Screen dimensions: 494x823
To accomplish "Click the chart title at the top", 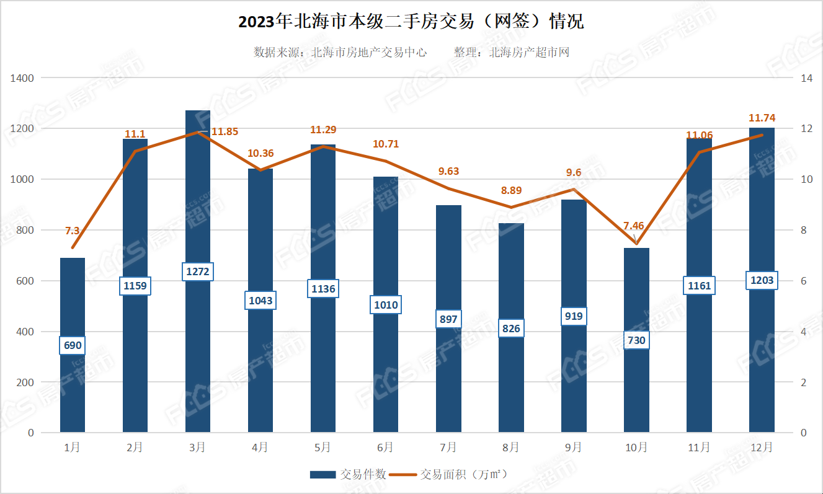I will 411,22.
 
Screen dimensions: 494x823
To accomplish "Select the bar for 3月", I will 198,347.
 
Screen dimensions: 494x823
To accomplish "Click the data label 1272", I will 198,271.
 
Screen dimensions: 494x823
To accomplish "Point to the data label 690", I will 73,345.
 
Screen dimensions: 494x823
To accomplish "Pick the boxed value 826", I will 511,328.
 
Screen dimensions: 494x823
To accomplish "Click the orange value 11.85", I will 225,131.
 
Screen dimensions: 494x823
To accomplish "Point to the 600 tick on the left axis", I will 25,281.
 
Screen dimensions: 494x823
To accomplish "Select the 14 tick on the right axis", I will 806,78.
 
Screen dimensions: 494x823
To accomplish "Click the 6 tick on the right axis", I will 804,281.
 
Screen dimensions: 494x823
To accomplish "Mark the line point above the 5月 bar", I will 323,146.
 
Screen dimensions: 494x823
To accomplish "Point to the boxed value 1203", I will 762,280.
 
